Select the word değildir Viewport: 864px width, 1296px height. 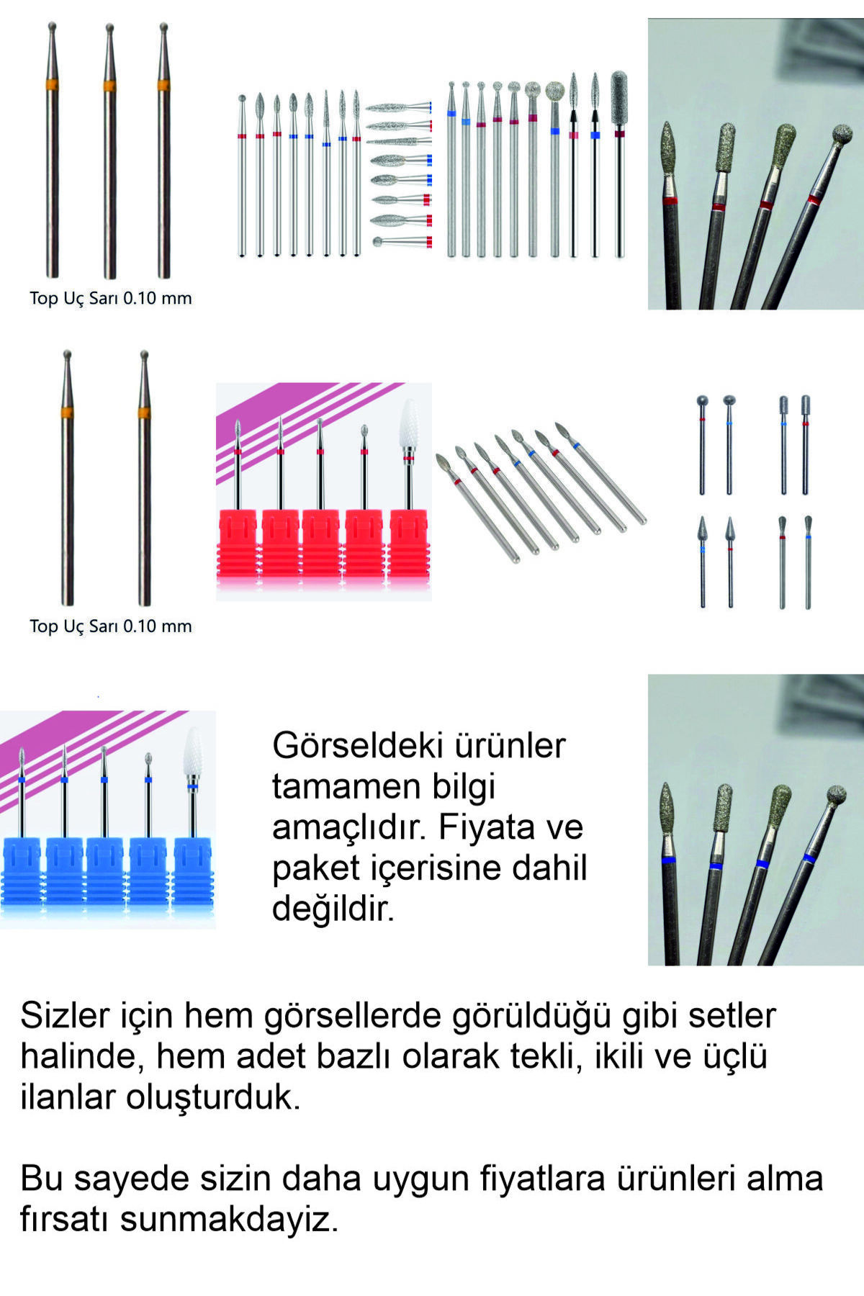[x=333, y=909]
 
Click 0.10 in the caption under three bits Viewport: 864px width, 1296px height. [x=140, y=298]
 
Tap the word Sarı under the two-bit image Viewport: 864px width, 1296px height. [x=104, y=626]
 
